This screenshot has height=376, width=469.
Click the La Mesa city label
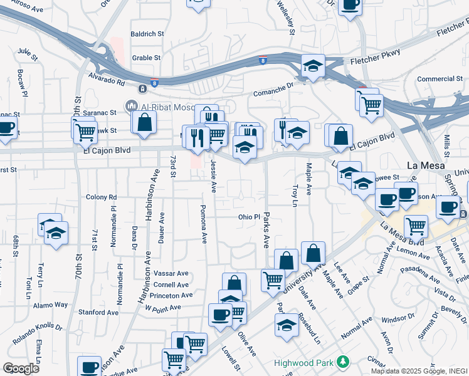point(425,166)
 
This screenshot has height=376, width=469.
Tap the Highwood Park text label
point(304,363)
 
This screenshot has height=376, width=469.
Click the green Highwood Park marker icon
point(342,362)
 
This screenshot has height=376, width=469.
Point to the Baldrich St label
point(147,34)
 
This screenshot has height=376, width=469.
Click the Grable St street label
point(147,58)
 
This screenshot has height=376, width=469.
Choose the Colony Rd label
point(101,197)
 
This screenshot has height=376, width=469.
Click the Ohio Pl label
point(248,217)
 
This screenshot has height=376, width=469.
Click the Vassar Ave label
point(171,273)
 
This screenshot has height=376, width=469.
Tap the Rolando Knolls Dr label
point(38,326)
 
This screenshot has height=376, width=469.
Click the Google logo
point(21,368)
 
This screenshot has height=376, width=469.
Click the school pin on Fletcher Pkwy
point(312,66)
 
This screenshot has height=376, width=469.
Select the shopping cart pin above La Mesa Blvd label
point(416,225)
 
